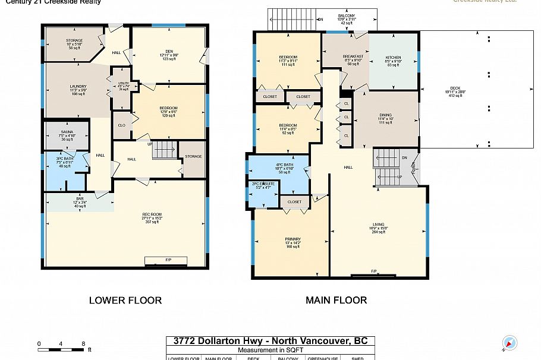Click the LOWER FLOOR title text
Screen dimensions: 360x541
click(125, 300)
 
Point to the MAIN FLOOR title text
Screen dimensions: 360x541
click(336, 300)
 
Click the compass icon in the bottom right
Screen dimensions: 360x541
click(509, 343)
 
